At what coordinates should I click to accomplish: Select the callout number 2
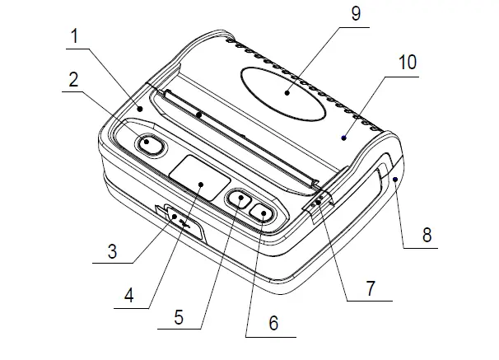73,79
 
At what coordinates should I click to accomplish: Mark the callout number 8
427,235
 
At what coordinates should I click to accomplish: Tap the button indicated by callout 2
149,143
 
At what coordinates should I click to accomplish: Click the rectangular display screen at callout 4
200,177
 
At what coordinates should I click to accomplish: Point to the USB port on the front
181,221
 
